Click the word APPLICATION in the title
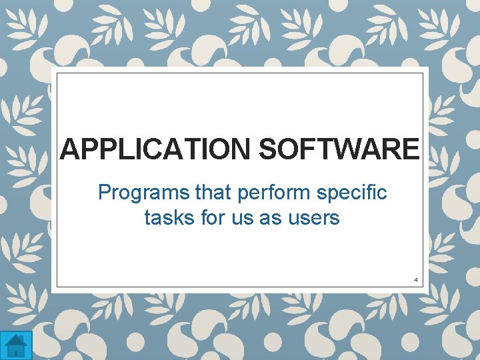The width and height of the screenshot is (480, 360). click(x=156, y=149)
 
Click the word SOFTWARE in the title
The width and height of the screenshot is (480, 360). click(x=339, y=149)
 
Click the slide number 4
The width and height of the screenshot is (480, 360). click(x=415, y=279)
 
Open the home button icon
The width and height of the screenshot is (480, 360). click(x=15, y=345)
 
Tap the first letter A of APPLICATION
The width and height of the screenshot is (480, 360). click(x=70, y=149)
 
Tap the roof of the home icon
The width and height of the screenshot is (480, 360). click(x=15, y=339)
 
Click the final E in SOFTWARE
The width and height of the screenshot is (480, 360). click(x=409, y=149)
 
